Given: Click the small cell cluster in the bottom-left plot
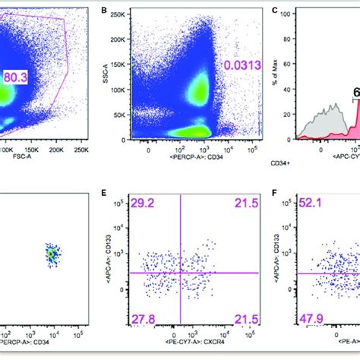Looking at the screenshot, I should click(52, 256).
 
